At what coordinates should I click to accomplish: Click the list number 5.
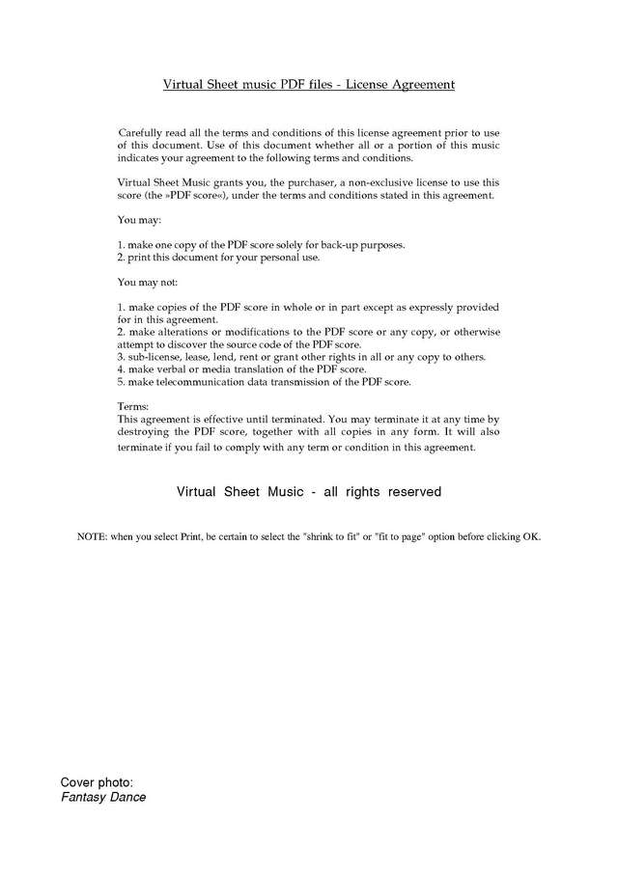coord(120,382)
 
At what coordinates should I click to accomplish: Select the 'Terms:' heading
coord(133,408)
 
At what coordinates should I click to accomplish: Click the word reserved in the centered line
coord(414,492)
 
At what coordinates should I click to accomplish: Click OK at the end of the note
coord(532,536)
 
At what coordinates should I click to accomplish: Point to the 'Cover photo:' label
coord(97,781)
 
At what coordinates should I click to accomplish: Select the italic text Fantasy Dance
coord(103,798)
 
